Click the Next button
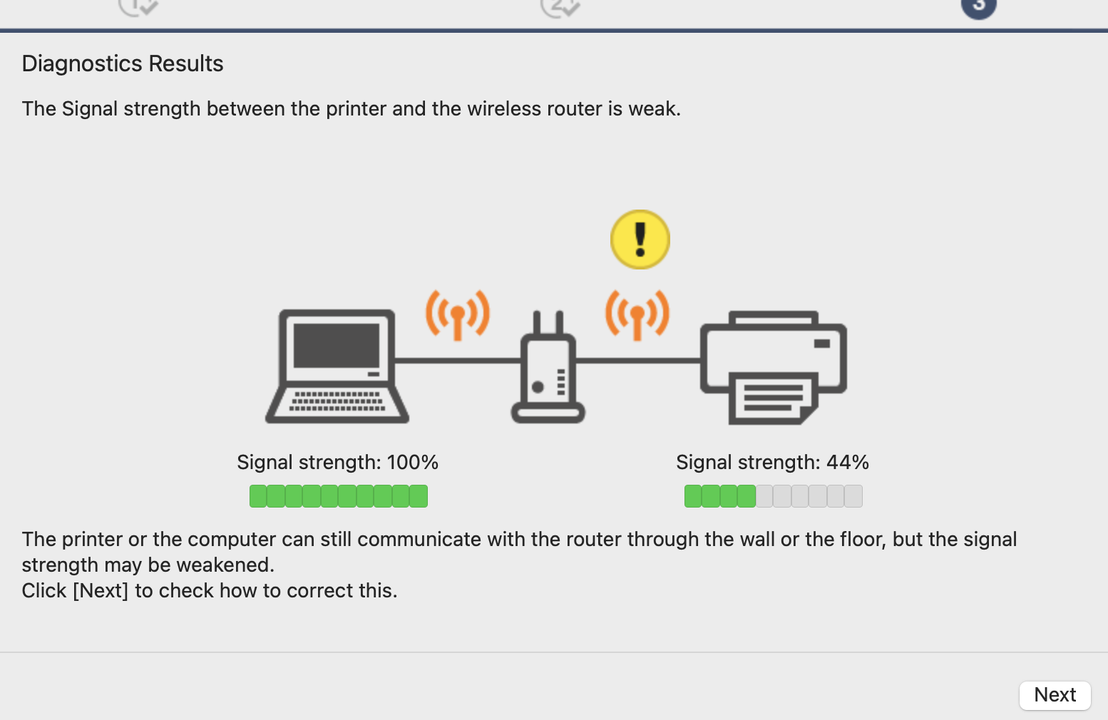coord(1055,695)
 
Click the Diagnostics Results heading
coord(123,64)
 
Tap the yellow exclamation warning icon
coord(640,240)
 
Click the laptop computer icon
coord(337,366)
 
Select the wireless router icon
coord(548,371)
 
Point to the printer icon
coord(774,366)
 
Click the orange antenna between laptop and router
coord(458,314)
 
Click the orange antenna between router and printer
coord(637,314)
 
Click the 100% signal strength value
coord(412,463)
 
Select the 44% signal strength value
coord(847,463)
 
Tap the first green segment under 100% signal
coord(258,496)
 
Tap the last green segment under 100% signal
coord(419,496)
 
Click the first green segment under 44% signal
coord(693,496)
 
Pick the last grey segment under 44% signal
coord(853,496)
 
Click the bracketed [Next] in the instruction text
coord(101,591)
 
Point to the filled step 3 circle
coord(978,6)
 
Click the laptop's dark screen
coord(337,345)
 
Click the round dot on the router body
coord(538,387)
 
